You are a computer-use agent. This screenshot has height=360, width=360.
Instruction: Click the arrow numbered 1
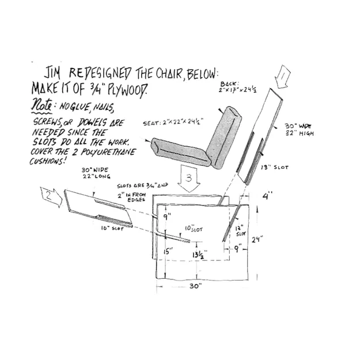283,77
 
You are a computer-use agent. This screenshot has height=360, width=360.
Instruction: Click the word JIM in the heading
55,73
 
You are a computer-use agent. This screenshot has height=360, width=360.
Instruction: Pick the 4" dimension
266,196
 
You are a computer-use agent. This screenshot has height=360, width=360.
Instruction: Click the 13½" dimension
200,253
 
